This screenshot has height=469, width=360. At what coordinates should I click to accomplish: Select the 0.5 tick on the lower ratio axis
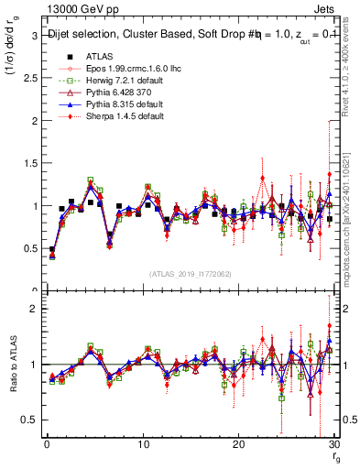tap(30, 420)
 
